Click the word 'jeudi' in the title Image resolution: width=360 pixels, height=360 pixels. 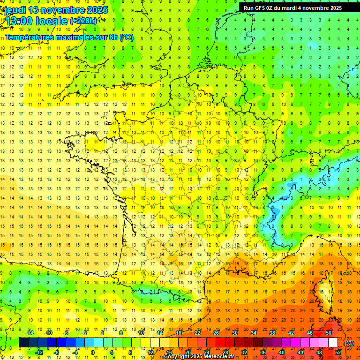(x=15, y=10)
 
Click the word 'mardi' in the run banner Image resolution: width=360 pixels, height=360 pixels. (x=294, y=8)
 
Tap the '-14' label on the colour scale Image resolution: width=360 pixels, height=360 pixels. (x=30, y=332)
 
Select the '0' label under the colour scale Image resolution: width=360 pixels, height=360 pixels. (x=93, y=352)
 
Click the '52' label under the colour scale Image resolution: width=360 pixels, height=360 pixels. (x=337, y=352)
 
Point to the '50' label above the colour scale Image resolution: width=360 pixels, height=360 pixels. (x=328, y=332)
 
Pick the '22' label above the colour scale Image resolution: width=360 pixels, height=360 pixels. (x=197, y=332)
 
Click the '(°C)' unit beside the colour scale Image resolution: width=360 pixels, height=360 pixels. (x=349, y=343)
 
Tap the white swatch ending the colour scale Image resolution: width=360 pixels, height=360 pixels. (x=333, y=343)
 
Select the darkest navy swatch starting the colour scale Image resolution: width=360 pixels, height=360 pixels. (x=23, y=343)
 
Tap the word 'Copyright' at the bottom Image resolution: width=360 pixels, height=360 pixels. (x=178, y=357)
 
